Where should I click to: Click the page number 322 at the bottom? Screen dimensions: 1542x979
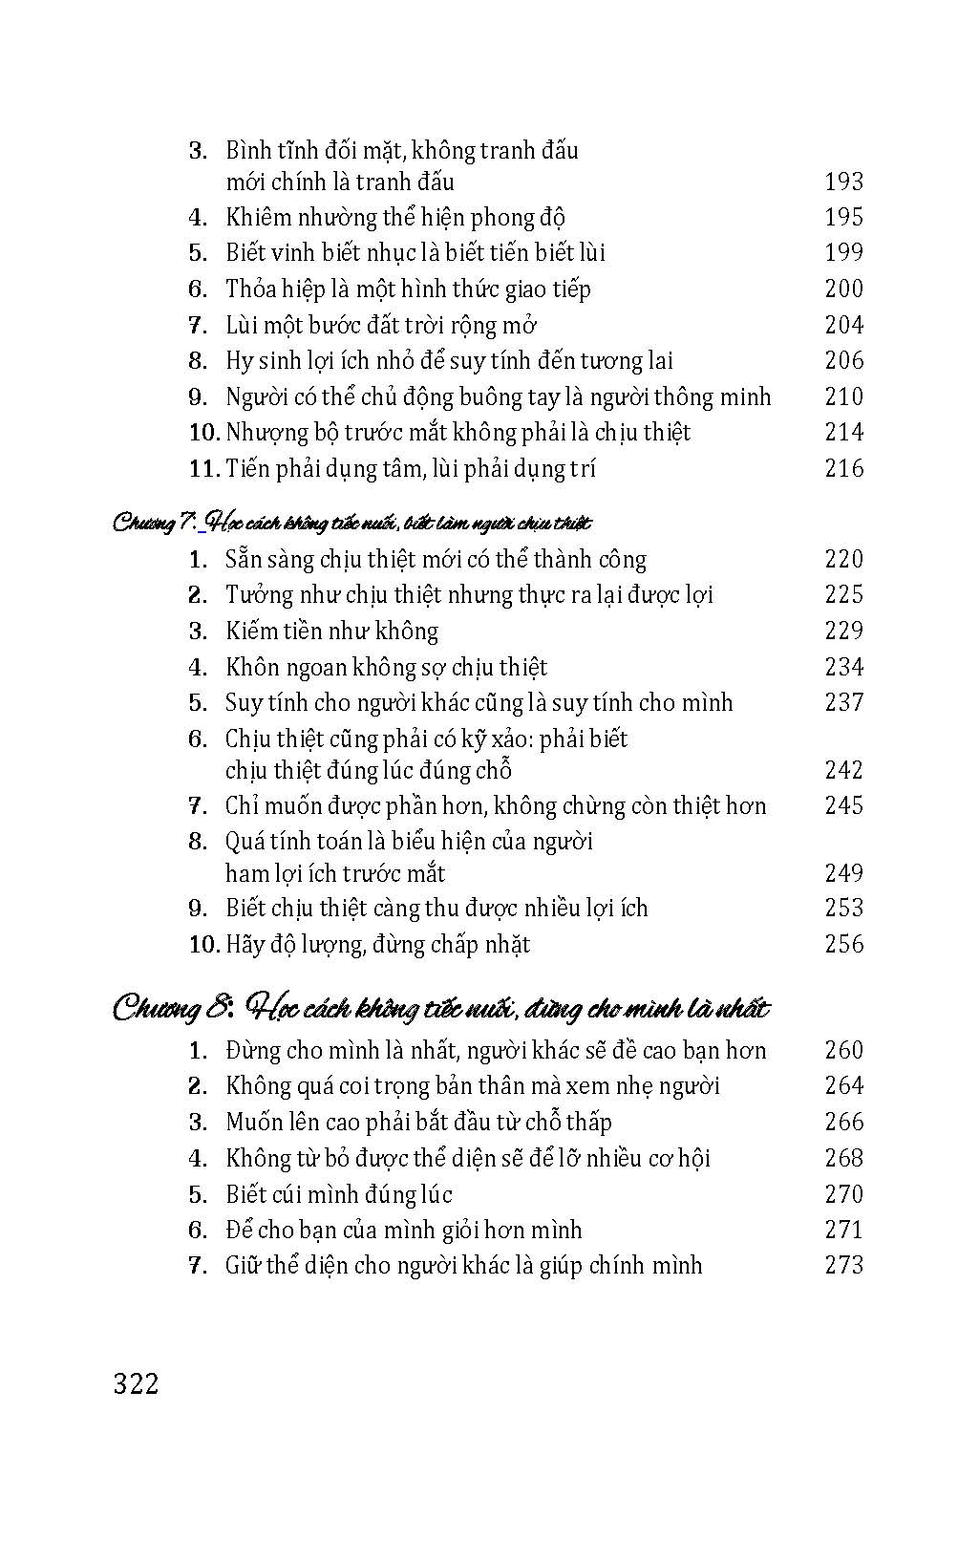[x=136, y=1384]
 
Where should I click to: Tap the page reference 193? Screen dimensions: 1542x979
[x=843, y=182]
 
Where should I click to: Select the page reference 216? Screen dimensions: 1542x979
[x=843, y=468]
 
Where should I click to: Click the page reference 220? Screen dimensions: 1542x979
[x=843, y=559]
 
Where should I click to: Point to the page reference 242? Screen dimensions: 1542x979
[x=843, y=770]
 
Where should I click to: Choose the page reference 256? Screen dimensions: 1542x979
[x=843, y=944]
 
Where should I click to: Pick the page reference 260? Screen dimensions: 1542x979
[x=843, y=1050]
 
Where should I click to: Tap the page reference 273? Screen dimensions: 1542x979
[x=843, y=1265]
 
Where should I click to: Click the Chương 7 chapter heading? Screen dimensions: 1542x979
[x=351, y=523]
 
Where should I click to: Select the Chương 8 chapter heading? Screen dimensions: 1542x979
[x=440, y=1007]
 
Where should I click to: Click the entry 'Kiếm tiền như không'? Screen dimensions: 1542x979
[x=331, y=631]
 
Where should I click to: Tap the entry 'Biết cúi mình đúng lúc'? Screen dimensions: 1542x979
[x=338, y=1194]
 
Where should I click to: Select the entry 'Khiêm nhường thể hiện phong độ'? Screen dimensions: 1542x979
[x=395, y=217]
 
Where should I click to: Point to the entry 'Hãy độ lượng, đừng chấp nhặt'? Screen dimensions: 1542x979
[x=377, y=944]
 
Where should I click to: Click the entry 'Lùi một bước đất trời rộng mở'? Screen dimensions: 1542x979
[x=381, y=325]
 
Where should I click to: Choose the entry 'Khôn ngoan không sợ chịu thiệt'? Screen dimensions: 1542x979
[x=386, y=667]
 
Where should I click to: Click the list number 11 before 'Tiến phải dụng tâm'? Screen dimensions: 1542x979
[x=204, y=468]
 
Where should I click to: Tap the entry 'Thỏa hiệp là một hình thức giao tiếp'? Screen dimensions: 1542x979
[x=408, y=289]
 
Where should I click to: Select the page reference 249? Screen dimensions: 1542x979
[x=843, y=873]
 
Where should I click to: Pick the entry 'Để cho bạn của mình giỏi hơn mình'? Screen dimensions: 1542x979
[x=403, y=1230]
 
